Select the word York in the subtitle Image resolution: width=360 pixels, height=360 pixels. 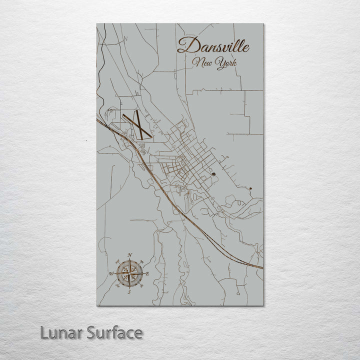(226, 64)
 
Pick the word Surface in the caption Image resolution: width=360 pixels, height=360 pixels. (113, 332)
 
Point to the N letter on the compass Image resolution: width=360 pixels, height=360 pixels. (130, 255)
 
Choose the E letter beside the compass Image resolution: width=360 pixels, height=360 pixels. (147, 273)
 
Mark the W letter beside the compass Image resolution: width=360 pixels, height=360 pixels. (111, 273)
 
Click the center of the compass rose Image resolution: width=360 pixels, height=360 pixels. (129, 273)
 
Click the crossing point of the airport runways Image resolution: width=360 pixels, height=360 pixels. (136, 125)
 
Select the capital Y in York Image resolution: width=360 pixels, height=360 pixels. (220, 64)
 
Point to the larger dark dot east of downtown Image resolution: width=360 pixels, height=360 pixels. (213, 174)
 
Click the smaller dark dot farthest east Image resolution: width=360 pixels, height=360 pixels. (250, 188)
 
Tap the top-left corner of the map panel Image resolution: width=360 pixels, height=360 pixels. (97, 23)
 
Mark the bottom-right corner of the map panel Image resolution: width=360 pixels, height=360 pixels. (263, 305)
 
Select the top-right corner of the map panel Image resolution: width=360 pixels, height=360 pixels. (263, 23)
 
